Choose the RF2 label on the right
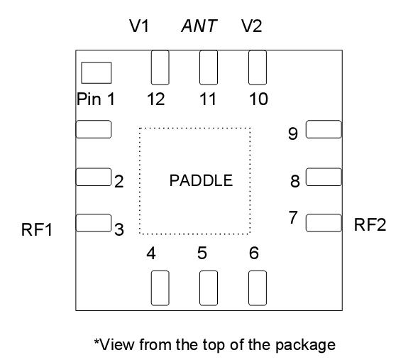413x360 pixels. pos(370,225)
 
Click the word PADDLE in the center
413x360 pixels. pos(201,180)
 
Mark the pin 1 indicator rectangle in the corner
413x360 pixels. pos(97,72)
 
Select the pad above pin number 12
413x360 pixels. pos(160,68)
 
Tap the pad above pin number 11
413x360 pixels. pos(208,68)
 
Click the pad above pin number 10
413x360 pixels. pos(256,68)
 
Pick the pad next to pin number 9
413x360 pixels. pos(324,129)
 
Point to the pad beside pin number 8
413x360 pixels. pos(324,176)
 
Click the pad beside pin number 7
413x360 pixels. pos(324,223)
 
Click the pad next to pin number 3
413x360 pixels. pos(93,223)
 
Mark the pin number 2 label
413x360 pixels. pos(119,182)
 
